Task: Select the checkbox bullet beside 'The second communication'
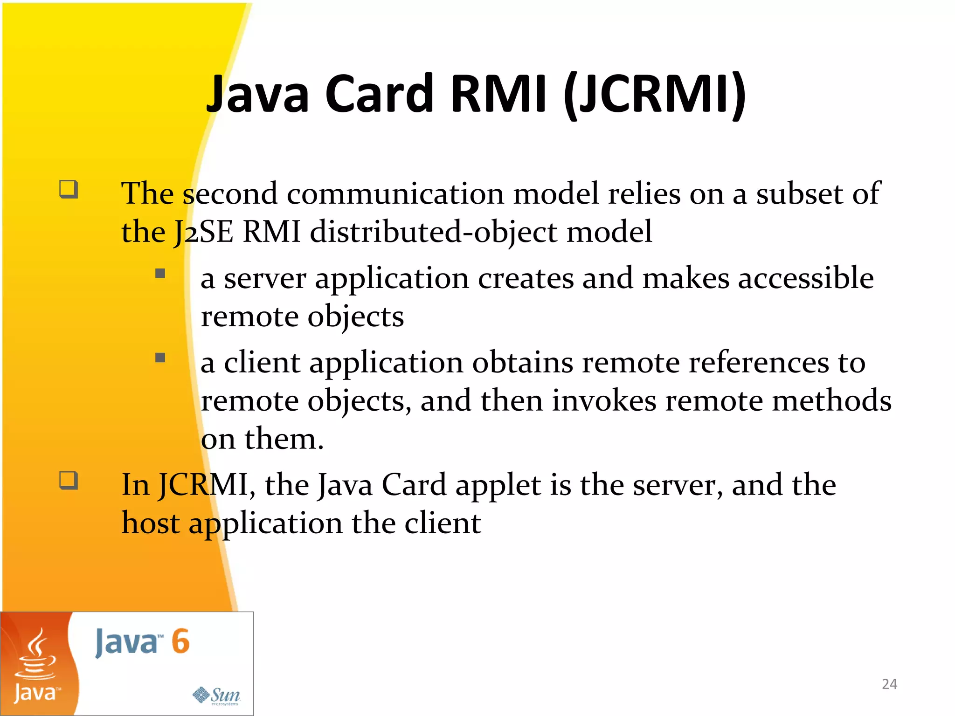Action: (69, 190)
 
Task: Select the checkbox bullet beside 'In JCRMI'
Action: (69, 480)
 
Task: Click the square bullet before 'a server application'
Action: (160, 273)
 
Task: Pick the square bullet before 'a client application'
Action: (160, 358)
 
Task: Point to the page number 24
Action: (889, 684)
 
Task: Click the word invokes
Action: (604, 401)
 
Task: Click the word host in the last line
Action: (150, 523)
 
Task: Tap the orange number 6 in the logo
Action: (180, 641)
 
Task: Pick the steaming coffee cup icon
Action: (35, 655)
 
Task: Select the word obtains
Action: (522, 363)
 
